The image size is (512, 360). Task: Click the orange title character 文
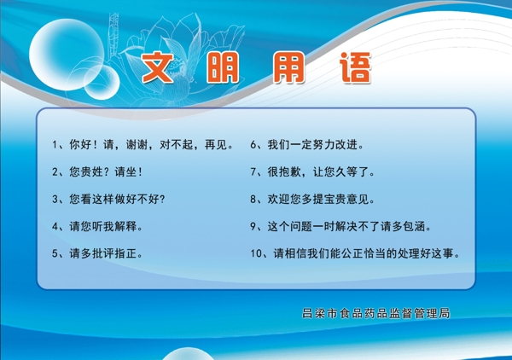pos(158,67)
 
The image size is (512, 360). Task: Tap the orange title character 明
pos(223,67)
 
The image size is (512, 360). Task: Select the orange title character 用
pos(289,67)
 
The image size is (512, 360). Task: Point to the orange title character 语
pos(356,67)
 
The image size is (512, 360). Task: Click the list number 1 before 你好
pos(55,144)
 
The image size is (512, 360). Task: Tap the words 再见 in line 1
pos(216,144)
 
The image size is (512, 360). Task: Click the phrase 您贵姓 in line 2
pos(86,171)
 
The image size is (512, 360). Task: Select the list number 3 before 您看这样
pos(55,199)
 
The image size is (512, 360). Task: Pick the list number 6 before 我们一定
pos(253,144)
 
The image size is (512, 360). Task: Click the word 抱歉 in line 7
pos(290,171)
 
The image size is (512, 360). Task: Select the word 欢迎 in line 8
pos(279,199)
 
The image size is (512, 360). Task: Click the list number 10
pos(256,253)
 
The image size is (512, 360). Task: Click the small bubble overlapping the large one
pos(102,82)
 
